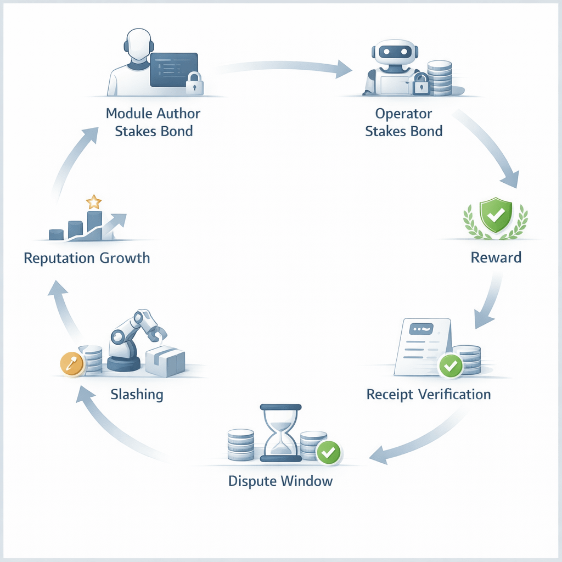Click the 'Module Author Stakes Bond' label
click(153, 122)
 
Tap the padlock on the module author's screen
click(193, 83)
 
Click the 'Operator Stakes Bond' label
click(403, 122)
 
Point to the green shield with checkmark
click(496, 215)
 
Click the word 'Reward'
click(496, 257)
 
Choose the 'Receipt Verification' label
click(429, 394)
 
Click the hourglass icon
click(280, 432)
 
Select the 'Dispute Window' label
click(280, 481)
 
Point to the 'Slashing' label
click(137, 394)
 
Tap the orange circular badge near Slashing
click(72, 363)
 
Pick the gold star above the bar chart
click(94, 201)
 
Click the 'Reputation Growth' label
click(87, 257)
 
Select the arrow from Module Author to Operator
click(285, 67)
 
